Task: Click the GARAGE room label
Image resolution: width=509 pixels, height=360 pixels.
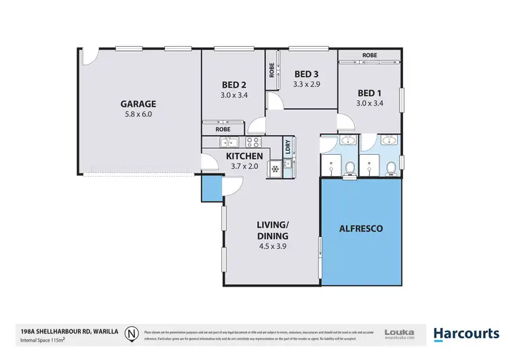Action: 138,104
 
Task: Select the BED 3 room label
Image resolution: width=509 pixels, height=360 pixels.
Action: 306,74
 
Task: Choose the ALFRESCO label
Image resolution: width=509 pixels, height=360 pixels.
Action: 360,229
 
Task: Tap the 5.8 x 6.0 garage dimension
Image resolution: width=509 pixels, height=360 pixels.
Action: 138,115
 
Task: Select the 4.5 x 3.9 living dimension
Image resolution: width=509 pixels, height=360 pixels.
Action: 274,247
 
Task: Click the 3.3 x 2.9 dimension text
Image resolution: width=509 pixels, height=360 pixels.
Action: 306,85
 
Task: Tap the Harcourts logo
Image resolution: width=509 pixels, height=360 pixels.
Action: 466,333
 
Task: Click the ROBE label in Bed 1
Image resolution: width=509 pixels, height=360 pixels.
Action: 369,55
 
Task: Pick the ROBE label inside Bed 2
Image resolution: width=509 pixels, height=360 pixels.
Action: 223,128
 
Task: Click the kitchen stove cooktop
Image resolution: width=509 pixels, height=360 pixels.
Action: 253,142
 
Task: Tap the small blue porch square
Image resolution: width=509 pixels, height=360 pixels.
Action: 211,188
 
